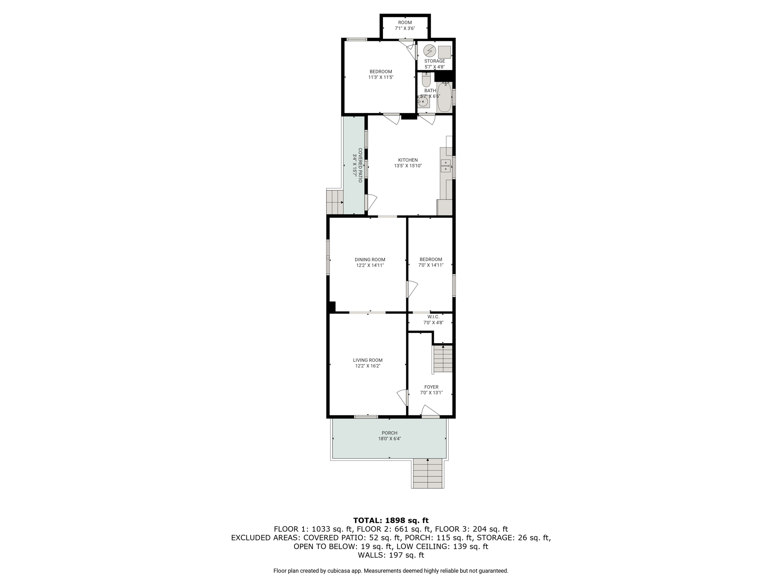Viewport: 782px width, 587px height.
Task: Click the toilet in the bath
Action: [426, 80]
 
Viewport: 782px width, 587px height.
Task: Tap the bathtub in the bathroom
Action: [444, 97]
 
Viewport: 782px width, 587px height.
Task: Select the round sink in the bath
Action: [423, 102]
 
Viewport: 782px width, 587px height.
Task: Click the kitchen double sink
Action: [446, 166]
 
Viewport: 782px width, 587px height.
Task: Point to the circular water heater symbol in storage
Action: [430, 51]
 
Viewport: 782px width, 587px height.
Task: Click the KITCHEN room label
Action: [408, 160]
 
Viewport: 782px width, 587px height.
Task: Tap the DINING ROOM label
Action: [370, 260]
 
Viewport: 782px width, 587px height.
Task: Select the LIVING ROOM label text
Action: [368, 360]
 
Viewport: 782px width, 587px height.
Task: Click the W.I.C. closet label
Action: [433, 317]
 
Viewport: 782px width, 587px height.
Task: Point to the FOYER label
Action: [431, 387]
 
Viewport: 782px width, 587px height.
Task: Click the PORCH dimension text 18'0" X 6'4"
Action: [389, 439]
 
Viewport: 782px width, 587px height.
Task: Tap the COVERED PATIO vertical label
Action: [360, 165]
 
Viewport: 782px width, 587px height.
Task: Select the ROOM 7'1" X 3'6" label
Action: [405, 25]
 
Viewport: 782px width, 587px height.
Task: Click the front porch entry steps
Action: [428, 473]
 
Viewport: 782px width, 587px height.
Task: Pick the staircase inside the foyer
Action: [443, 358]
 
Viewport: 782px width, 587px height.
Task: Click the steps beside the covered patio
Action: [335, 202]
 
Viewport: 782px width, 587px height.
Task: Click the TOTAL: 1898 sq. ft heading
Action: [391, 521]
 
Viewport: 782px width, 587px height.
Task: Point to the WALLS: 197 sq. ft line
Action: [391, 555]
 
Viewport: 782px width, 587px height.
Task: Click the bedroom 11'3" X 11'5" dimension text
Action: [381, 77]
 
